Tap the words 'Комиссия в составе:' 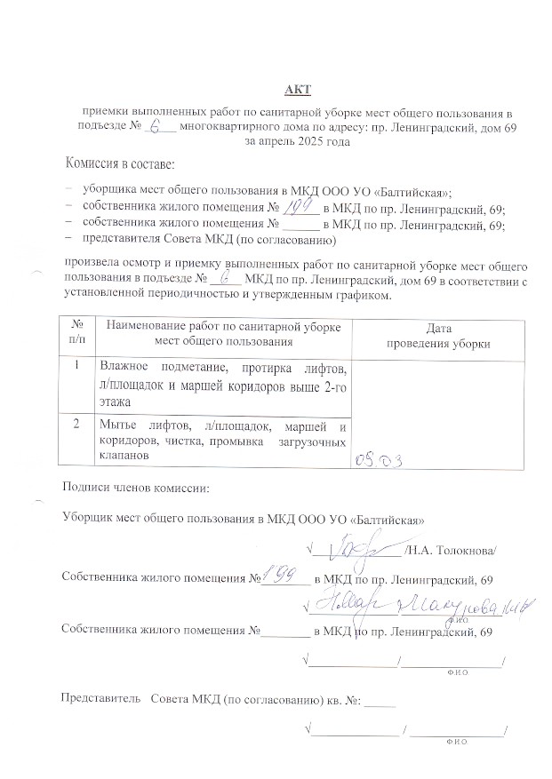tap(120, 164)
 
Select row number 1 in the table tap(77, 365)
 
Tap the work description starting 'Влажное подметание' tap(223, 384)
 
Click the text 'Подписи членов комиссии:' tap(136, 488)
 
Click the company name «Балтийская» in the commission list tap(418, 191)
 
